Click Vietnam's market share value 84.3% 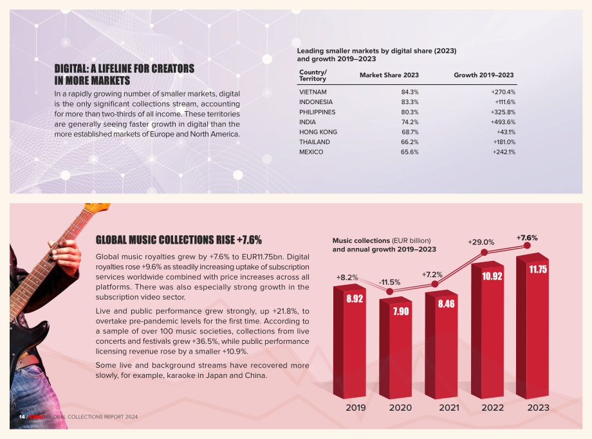pyautogui.click(x=410, y=92)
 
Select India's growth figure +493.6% pyautogui.click(x=503, y=122)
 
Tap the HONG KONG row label pyautogui.click(x=318, y=132)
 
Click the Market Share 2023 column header pyautogui.click(x=389, y=75)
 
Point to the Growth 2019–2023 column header pyautogui.click(x=484, y=75)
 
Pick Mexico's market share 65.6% pyautogui.click(x=410, y=152)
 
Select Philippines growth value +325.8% pyautogui.click(x=503, y=112)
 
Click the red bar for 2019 pyautogui.click(x=349, y=342)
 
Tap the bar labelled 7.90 pyautogui.click(x=395, y=348)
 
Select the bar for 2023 pyautogui.click(x=532, y=326)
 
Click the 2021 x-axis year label pyautogui.click(x=449, y=408)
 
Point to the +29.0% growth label pyautogui.click(x=481, y=242)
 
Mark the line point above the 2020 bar pyautogui.click(x=390, y=292)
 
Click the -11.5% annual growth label pyautogui.click(x=390, y=282)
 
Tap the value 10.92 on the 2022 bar pyautogui.click(x=492, y=276)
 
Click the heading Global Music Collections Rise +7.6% pyautogui.click(x=179, y=240)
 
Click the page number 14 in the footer pyautogui.click(x=22, y=417)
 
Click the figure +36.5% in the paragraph pyautogui.click(x=205, y=341)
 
